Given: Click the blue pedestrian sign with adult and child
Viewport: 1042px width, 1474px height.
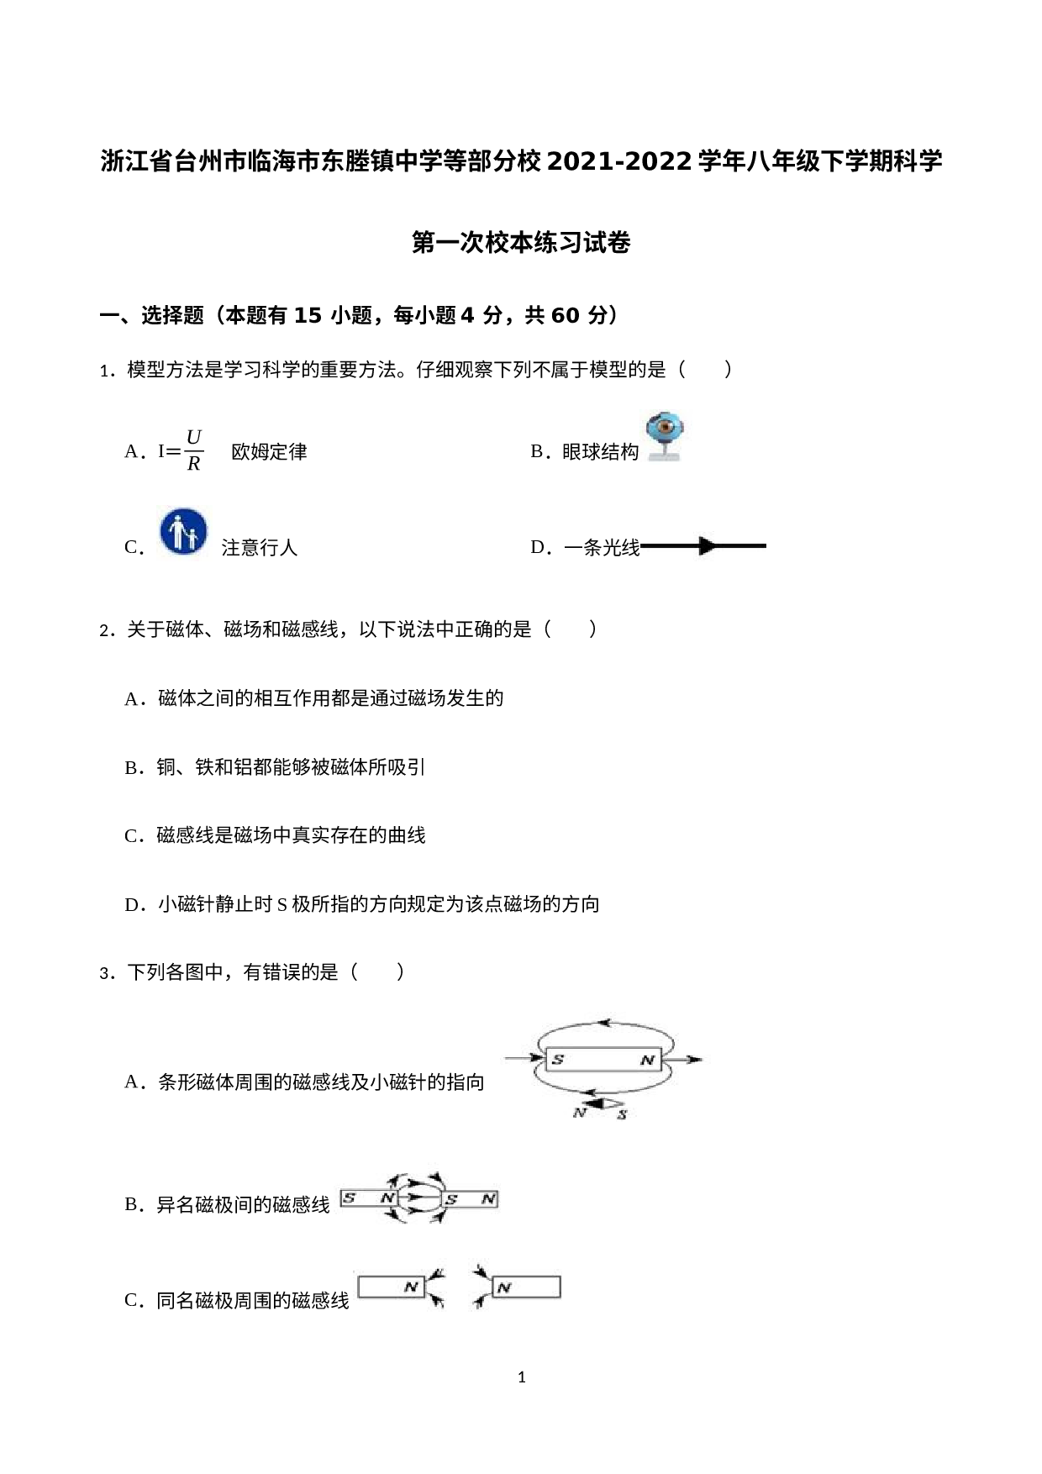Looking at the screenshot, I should pos(184,533).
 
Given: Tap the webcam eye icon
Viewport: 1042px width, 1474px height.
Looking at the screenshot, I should pos(666,429).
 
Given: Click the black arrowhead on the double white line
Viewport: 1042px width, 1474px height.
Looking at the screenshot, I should pos(708,546).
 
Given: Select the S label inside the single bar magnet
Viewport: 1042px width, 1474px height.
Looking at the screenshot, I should pos(557,1060).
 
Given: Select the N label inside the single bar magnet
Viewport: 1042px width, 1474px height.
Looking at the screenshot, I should pos(647,1061).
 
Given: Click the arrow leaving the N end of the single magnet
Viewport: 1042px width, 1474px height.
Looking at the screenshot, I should pos(685,1060).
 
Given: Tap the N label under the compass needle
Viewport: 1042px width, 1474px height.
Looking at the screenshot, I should pos(579,1113).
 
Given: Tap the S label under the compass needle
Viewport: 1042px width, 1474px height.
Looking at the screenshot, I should pos(622,1114).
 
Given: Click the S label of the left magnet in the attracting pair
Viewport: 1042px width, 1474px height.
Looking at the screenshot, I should pos(350,1198).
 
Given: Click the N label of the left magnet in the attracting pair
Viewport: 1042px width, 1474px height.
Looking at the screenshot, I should pos(387,1198).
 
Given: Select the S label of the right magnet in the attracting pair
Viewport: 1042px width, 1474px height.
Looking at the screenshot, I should pos(451,1199).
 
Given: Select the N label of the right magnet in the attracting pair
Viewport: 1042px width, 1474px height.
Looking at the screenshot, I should pos(487,1199).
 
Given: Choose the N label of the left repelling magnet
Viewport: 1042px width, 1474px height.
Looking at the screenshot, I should pos(411,1287).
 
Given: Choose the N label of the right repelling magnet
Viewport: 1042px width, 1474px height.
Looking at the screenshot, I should pos(504,1287).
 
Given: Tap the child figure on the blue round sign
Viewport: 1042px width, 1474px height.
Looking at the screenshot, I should pos(192,538).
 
